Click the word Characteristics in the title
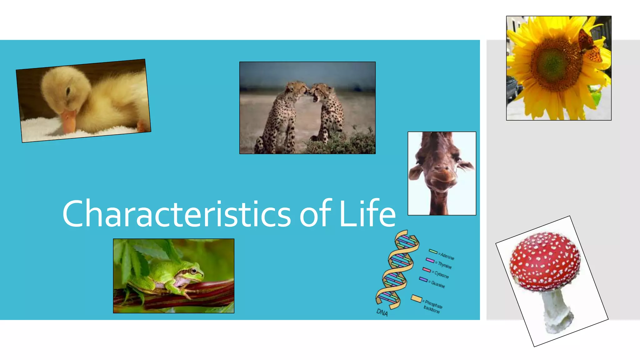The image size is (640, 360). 177,214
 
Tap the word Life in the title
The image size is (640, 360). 367,214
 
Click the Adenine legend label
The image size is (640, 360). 447,256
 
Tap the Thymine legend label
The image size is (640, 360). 445,265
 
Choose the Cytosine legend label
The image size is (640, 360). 442,275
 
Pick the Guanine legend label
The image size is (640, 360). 438,284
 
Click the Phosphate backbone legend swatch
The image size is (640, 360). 416,298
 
